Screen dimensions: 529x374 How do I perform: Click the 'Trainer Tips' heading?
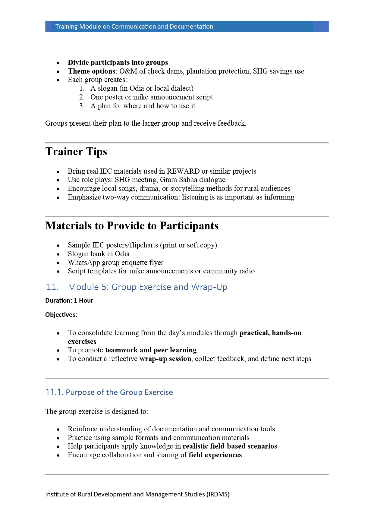click(x=76, y=152)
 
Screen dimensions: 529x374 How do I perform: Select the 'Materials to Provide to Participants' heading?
click(x=132, y=226)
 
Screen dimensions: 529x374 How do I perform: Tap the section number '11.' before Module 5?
click(x=52, y=287)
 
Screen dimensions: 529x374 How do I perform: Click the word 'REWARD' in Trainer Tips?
click(x=183, y=171)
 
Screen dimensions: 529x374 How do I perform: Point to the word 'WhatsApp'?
click(x=84, y=263)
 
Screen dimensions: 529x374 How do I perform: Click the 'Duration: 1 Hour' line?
click(x=69, y=301)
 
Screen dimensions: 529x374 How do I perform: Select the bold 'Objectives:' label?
click(x=61, y=315)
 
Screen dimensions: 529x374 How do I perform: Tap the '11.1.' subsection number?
click(x=54, y=392)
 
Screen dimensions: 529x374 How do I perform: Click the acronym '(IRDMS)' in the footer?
click(x=218, y=494)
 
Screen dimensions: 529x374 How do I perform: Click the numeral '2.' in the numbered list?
click(x=82, y=97)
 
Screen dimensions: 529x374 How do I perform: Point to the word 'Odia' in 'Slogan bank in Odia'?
click(x=122, y=254)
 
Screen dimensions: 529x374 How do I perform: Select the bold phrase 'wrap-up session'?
click(x=165, y=359)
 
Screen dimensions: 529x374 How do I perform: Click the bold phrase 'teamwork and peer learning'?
click(x=151, y=350)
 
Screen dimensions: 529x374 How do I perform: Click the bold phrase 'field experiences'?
click(x=215, y=455)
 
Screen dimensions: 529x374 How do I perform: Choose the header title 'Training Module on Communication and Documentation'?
click(x=134, y=27)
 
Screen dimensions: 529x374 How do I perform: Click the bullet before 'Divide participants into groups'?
click(x=58, y=63)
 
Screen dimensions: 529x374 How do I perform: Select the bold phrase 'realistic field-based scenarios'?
click(x=230, y=446)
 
